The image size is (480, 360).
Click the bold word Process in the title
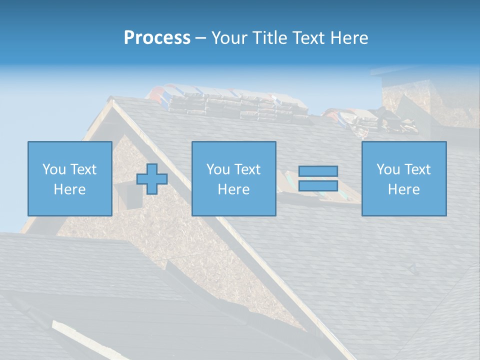pos(157,38)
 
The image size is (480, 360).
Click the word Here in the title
pos(349,38)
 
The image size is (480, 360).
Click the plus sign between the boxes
pos(152,179)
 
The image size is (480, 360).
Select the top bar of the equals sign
pos(318,171)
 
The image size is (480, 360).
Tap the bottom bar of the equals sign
pos(318,186)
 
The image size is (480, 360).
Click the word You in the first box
pos(53,169)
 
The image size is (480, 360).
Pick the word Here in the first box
pos(69,189)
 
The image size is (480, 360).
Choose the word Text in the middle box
pos(247,169)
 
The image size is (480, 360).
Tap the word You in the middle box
pos(218,169)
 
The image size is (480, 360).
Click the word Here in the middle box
pos(233,189)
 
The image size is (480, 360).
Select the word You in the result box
pos(388,169)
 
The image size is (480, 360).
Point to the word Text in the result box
pos(417,169)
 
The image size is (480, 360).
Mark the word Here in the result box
pos(403,189)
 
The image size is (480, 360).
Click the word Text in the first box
pos(83,169)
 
